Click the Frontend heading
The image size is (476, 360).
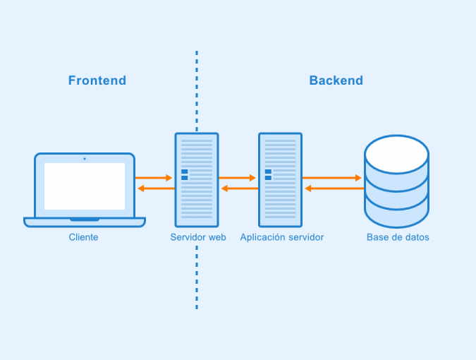(97, 80)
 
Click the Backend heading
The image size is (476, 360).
(336, 80)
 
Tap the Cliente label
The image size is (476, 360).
(83, 237)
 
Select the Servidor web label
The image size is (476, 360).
(198, 237)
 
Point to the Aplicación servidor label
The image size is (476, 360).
(281, 237)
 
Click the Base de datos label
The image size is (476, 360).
(398, 237)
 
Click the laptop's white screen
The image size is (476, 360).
(85, 186)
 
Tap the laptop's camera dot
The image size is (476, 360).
(85, 159)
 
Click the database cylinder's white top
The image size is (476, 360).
(396, 155)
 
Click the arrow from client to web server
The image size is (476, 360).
(154, 178)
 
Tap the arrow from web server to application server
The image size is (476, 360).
(238, 178)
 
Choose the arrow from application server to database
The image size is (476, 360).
(332, 178)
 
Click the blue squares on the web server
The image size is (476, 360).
(185, 174)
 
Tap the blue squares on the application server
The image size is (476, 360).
(268, 174)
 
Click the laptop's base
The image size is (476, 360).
(85, 222)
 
